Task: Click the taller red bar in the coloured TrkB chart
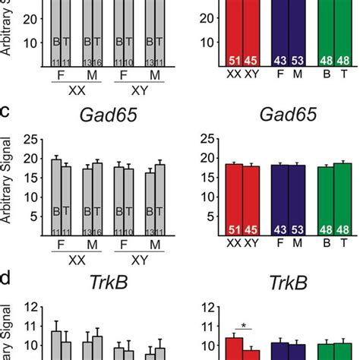(234, 349)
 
